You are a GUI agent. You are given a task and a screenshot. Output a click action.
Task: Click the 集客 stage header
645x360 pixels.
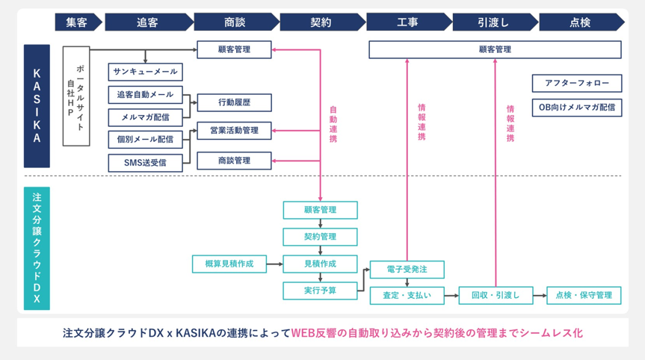pos(76,22)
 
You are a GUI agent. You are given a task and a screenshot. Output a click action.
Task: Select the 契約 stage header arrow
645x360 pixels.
pos(320,22)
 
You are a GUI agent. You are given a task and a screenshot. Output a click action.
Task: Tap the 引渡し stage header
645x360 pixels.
pos(493,22)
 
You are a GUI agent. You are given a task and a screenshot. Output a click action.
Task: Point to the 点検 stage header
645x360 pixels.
pos(580,22)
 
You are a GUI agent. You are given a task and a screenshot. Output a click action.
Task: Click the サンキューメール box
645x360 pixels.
pos(145,72)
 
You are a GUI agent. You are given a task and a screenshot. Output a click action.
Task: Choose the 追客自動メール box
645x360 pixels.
pos(145,94)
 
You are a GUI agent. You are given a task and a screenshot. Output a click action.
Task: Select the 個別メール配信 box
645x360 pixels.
pos(145,139)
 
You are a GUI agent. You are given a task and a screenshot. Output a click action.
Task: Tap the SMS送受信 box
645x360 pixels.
pos(145,161)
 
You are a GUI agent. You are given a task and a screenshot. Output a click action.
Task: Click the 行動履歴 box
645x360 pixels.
pos(234,102)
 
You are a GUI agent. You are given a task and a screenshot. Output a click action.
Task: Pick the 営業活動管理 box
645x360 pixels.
pos(234,131)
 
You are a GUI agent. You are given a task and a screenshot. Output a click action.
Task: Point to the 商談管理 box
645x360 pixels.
pos(234,161)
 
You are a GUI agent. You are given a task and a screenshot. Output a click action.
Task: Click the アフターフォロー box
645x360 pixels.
pos(576,83)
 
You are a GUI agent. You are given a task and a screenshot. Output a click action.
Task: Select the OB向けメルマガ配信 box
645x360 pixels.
pos(576,107)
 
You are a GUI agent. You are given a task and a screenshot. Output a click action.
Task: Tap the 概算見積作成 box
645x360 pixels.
pos(229,264)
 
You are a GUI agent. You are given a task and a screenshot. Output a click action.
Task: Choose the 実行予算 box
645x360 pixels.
pos(320,291)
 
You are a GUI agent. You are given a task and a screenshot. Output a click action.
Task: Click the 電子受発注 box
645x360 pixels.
pos(407,270)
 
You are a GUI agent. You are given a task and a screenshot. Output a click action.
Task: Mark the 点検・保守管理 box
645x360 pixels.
pos(583,295)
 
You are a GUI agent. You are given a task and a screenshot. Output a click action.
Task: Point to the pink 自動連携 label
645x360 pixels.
pos(333,123)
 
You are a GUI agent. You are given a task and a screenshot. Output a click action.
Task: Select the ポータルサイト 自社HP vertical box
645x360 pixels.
pos(76,96)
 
